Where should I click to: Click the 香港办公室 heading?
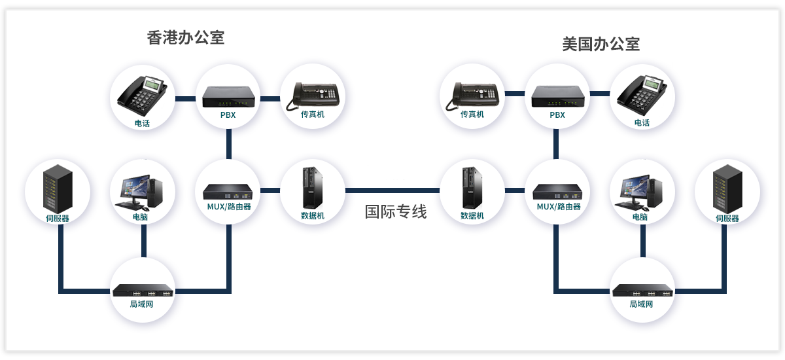coord(186,37)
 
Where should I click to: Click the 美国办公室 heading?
coord(601,44)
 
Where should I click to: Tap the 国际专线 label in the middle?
coord(395,211)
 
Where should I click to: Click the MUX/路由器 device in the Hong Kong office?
coord(228,191)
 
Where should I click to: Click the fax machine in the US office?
coord(472,95)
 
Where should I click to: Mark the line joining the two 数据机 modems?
coord(392,190)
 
